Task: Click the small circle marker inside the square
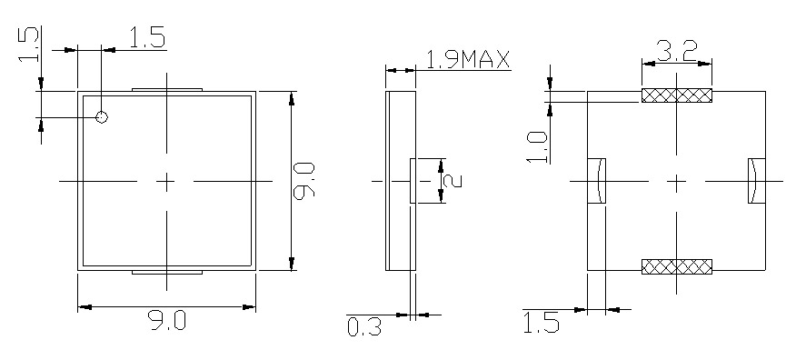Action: point(102,117)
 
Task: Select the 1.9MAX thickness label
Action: point(468,60)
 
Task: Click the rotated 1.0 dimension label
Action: point(538,146)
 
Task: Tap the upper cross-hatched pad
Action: point(677,95)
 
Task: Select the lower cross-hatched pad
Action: point(677,266)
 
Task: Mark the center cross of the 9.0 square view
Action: point(166,182)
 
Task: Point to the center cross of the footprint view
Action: point(677,182)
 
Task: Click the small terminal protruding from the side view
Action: point(414,181)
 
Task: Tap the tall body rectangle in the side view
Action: point(399,181)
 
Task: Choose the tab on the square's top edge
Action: point(166,89)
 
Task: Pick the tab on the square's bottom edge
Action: point(166,272)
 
